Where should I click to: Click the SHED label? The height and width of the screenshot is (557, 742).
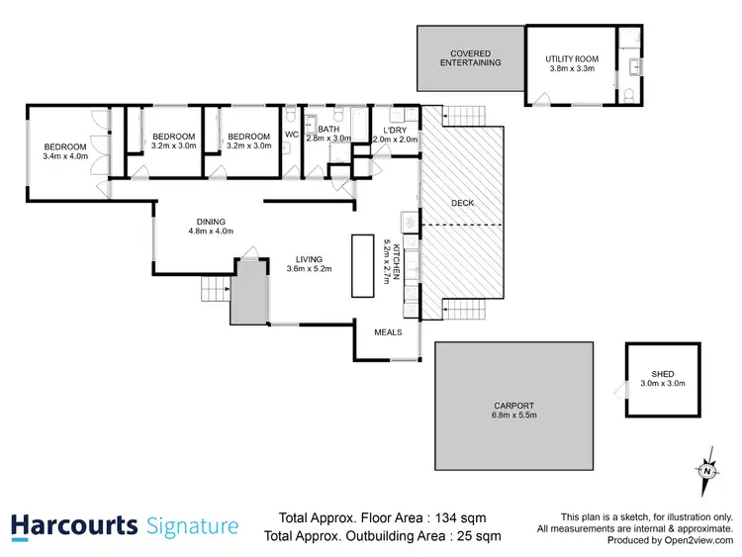click(x=662, y=374)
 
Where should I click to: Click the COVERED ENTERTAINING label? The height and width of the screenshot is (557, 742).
click(x=470, y=57)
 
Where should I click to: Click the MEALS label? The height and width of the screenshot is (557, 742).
click(x=388, y=332)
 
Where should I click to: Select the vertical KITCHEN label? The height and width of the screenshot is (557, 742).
click(x=397, y=261)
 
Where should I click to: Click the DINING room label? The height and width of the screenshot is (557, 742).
click(x=210, y=222)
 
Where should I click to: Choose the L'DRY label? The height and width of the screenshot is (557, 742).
click(x=395, y=130)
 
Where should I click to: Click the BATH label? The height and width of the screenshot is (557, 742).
click(x=328, y=130)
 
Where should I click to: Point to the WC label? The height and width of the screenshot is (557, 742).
click(x=292, y=135)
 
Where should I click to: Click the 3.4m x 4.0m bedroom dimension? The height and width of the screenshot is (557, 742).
click(x=65, y=155)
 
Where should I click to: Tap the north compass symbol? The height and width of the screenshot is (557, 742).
click(x=706, y=471)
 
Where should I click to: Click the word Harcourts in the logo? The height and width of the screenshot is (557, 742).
click(x=74, y=526)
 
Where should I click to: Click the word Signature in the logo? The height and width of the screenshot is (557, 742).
click(x=192, y=526)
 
